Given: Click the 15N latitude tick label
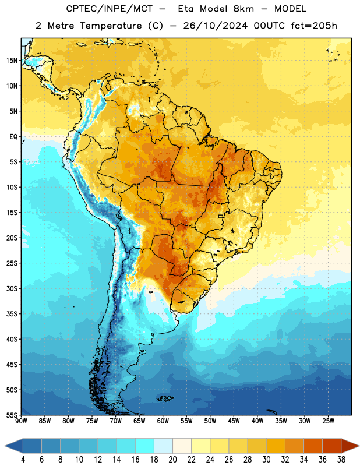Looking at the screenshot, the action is (11, 61).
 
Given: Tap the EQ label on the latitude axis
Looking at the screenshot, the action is (13, 137).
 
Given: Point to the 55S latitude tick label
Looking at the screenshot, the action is (11, 415).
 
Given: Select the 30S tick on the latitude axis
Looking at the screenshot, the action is (11, 288).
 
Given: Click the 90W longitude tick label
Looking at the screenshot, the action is (21, 421).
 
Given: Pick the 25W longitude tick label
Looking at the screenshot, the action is (328, 421).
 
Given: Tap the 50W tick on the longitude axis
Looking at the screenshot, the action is (210, 421).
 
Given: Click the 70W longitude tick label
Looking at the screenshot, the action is (116, 421).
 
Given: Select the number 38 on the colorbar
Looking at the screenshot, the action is (341, 460).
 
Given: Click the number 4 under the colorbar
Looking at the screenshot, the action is (23, 460).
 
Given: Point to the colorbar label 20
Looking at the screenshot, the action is (172, 460).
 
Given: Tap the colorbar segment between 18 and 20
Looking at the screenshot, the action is (163, 446).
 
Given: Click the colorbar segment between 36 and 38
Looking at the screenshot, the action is (332, 446).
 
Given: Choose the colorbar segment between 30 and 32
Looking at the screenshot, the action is (276, 446).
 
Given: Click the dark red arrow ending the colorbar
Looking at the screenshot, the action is (350, 446).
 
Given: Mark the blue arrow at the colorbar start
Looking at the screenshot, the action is (13, 446).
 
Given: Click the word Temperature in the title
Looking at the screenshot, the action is (111, 26).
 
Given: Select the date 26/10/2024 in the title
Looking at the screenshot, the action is (215, 26).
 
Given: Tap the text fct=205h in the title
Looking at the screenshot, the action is (314, 26).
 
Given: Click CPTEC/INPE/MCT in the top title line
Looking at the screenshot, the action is (109, 9).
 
